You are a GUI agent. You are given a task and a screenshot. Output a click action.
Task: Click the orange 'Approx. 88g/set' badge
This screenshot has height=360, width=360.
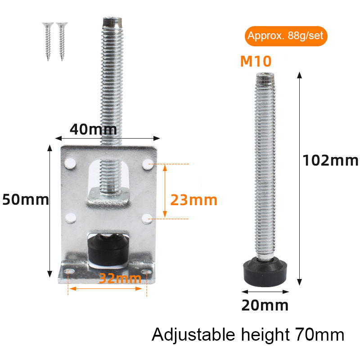286,36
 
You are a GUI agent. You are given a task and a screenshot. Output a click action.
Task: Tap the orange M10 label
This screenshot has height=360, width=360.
256,61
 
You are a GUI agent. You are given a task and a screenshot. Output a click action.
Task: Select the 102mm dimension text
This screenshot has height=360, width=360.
330,160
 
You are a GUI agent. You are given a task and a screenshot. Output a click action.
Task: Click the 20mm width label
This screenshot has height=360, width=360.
265,305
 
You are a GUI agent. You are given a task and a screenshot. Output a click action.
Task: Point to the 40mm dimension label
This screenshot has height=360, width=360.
93,130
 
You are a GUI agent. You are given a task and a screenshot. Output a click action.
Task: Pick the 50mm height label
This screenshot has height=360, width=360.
25,199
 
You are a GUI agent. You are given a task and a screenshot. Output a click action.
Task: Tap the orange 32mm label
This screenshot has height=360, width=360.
120,278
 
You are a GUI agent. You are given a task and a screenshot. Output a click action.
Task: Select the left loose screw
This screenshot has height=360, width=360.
47,40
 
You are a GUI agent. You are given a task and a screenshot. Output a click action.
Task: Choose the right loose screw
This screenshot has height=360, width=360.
60,40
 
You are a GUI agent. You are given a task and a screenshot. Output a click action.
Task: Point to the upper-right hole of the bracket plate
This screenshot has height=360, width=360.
147,165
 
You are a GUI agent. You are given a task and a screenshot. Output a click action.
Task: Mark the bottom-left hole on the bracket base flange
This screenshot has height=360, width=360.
68,272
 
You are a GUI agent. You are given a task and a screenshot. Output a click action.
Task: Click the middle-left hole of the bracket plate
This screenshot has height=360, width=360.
70,218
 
